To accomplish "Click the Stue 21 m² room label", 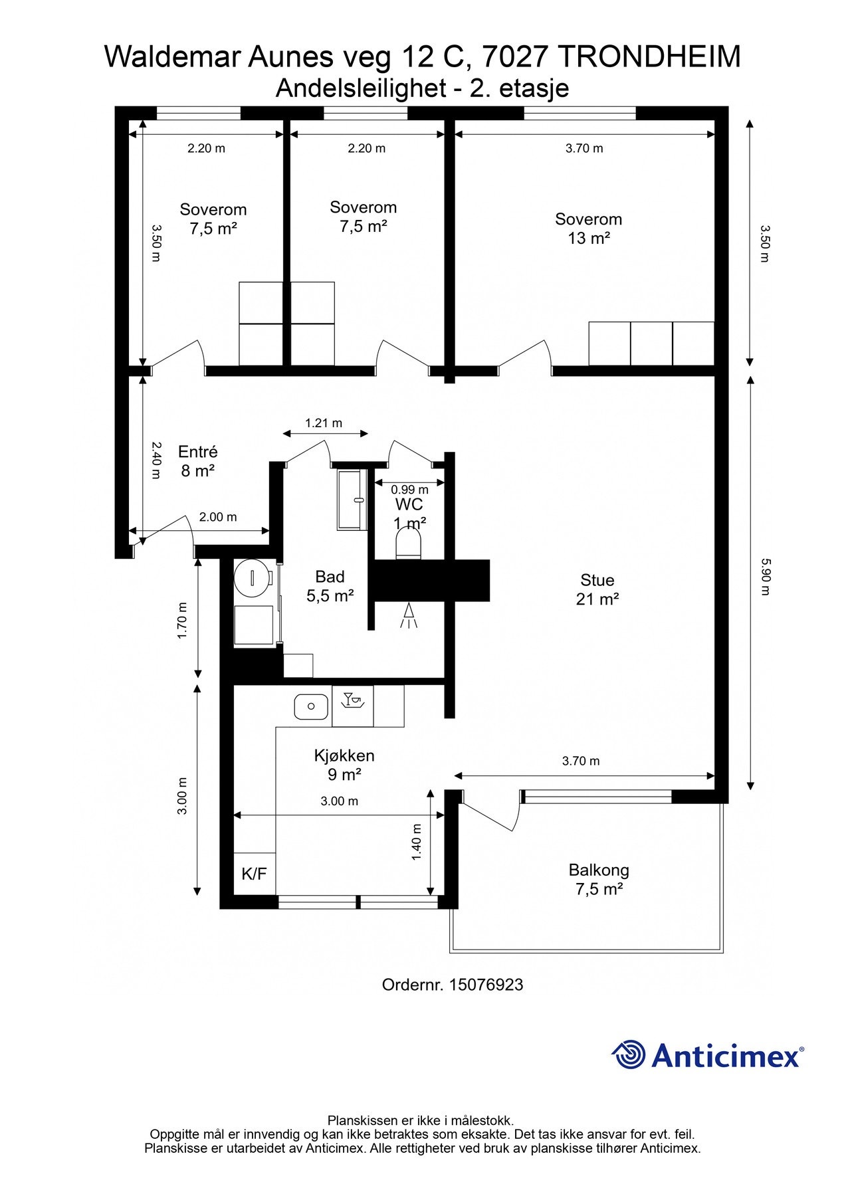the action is tap(597, 589).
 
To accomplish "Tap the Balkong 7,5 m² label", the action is tap(599, 879).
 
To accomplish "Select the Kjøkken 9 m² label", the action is tap(344, 765).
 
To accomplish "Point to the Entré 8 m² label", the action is tap(198, 461).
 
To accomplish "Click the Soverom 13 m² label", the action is tap(589, 228).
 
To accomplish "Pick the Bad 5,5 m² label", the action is tap(330, 585).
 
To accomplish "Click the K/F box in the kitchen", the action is tap(254, 874).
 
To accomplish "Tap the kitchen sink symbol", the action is tap(311, 707).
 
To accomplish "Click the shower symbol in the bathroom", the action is tap(409, 616).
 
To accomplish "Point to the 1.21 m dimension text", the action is tap(324, 423).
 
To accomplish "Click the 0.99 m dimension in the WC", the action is tap(409, 490).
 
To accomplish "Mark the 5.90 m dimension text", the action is tap(765, 577).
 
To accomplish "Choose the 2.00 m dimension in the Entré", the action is tap(218, 517).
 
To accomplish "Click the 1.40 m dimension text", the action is tap(417, 842).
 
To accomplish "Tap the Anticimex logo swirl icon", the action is tap(629, 1054).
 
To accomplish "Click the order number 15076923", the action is tap(486, 985).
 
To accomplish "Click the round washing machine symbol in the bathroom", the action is tap(253, 577).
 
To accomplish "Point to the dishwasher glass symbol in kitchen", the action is tap(353, 700).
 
